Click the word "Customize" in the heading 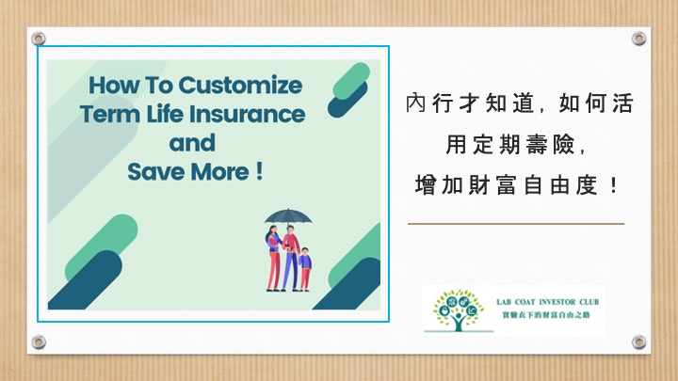(240, 85)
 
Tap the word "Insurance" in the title (248, 114)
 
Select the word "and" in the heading (192, 143)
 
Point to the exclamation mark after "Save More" (259, 171)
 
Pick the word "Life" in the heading (165, 114)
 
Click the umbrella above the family (288, 216)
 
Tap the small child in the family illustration (305, 269)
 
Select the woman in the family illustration (273, 258)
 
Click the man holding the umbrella (291, 259)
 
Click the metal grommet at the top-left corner (39, 39)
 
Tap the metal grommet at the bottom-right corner (639, 342)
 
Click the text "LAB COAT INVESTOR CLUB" (547, 302)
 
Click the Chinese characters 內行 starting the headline (429, 103)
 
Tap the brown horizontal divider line (516, 224)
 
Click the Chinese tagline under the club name (545, 315)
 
